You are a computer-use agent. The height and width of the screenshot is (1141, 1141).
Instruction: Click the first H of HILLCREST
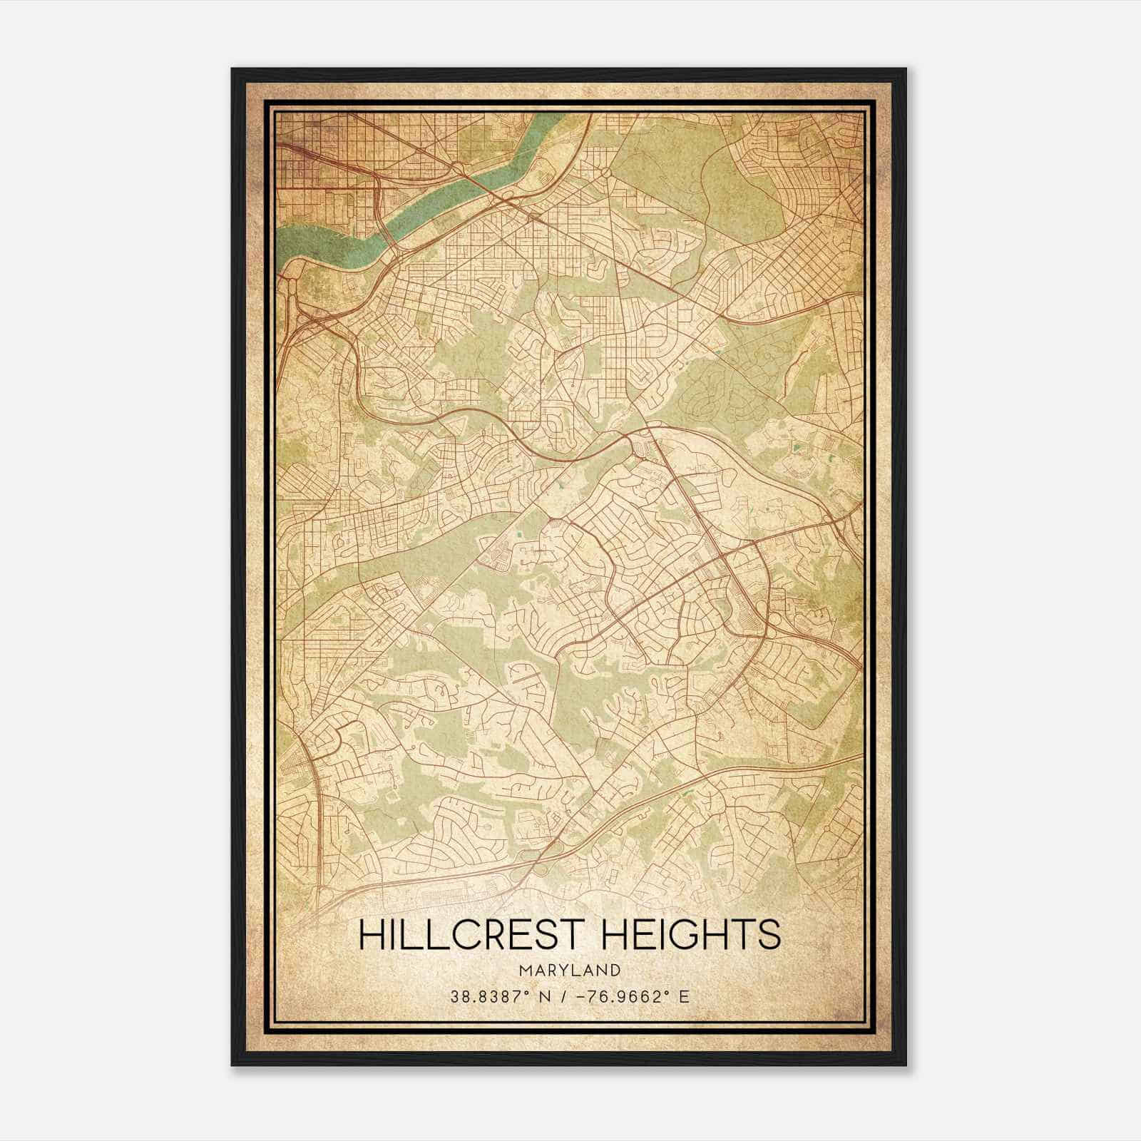[x=372, y=935]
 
